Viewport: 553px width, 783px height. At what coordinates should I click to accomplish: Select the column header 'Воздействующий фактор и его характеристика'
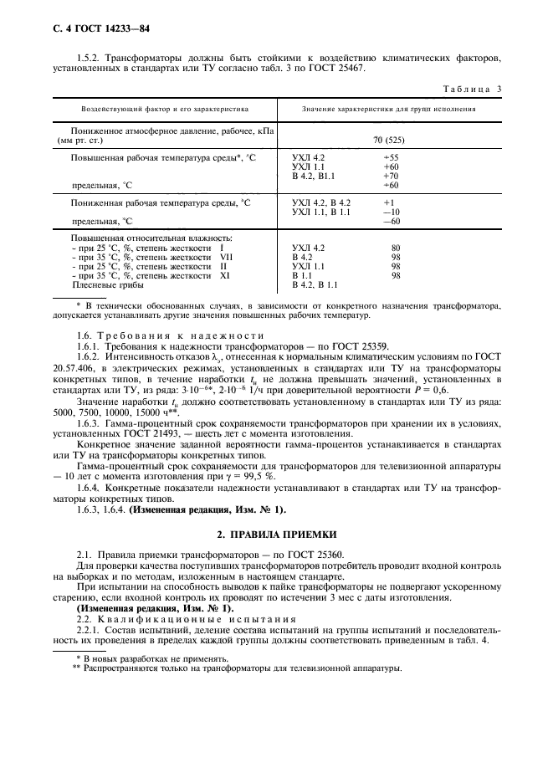point(165,110)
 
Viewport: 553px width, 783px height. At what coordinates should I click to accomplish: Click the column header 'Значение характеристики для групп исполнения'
point(389,110)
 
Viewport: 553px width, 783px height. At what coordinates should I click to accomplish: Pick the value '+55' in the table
point(391,157)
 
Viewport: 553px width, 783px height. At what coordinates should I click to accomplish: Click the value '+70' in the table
point(391,176)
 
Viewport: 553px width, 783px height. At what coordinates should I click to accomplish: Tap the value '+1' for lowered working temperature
point(388,203)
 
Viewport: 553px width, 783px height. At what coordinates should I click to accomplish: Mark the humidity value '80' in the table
point(396,248)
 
